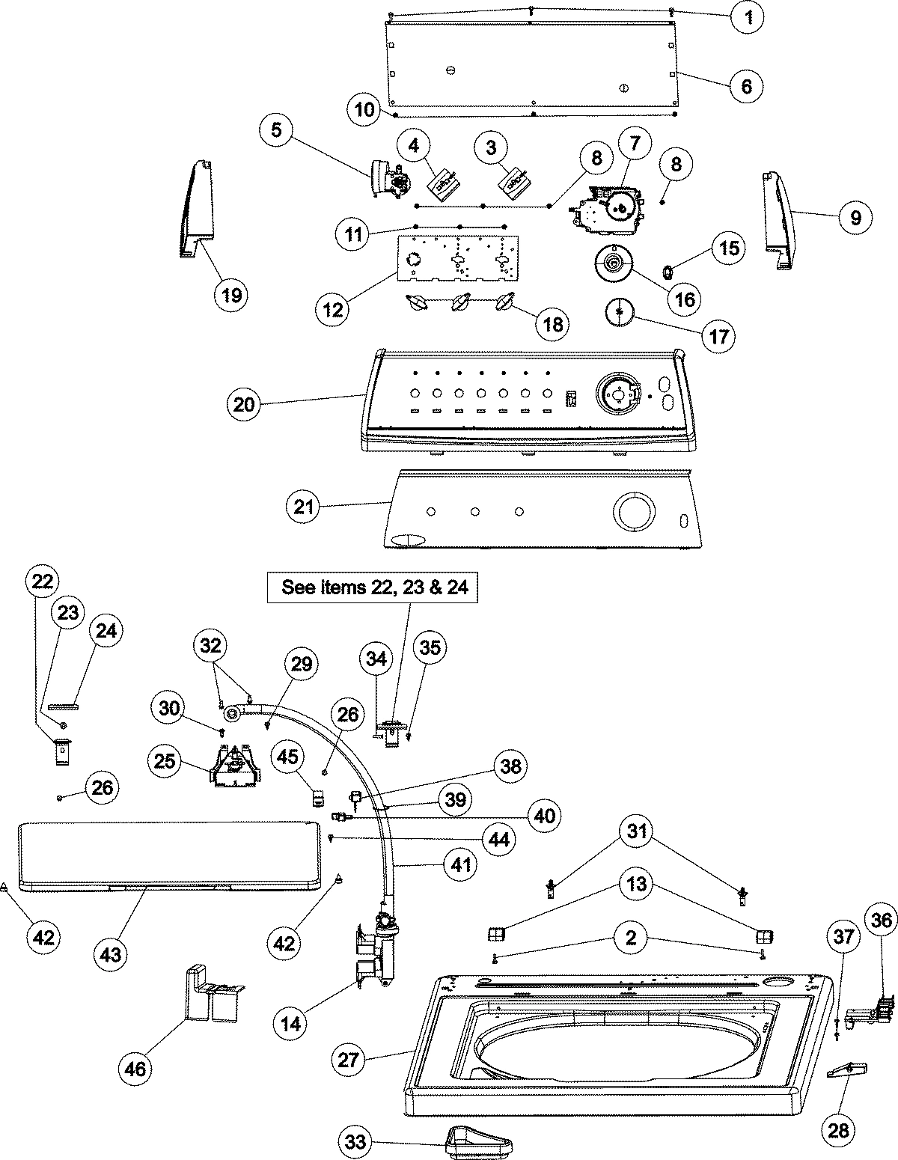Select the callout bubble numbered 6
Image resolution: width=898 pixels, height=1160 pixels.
746,85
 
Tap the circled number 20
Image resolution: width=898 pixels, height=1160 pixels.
245,405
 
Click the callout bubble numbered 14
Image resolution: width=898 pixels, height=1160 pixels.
292,1023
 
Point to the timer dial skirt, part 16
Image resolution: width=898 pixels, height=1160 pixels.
613,267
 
